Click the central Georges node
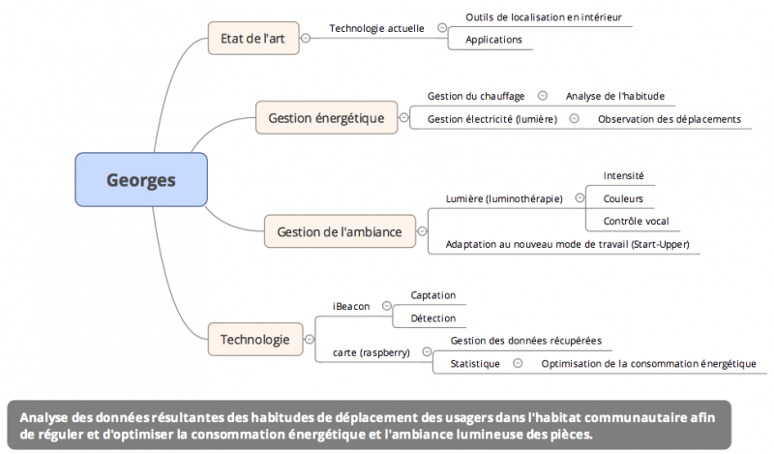tap(141, 179)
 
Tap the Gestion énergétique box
tap(325, 119)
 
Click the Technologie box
tap(254, 340)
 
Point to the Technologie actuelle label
tap(376, 28)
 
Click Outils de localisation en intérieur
tap(543, 16)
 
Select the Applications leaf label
tap(493, 40)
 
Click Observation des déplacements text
tap(669, 119)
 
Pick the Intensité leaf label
tap(623, 176)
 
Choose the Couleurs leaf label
tap(623, 198)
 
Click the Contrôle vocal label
tap(637, 221)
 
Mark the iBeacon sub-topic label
tap(351, 306)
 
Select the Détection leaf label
tap(432, 318)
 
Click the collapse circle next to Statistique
tap(518, 364)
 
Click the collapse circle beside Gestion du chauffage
tap(542, 96)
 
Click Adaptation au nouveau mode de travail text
tap(569, 244)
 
